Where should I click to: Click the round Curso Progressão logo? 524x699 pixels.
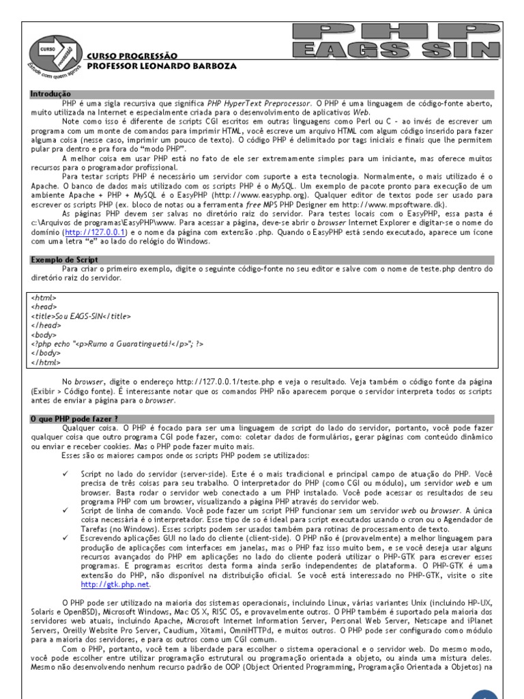(55, 54)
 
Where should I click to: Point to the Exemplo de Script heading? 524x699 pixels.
(65, 260)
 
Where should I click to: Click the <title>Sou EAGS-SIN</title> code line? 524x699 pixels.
(80, 317)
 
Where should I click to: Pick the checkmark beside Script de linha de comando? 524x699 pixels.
(65, 509)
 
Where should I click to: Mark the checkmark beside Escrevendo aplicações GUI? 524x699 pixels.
(65, 538)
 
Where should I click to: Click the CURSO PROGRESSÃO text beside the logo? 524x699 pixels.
(132, 56)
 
